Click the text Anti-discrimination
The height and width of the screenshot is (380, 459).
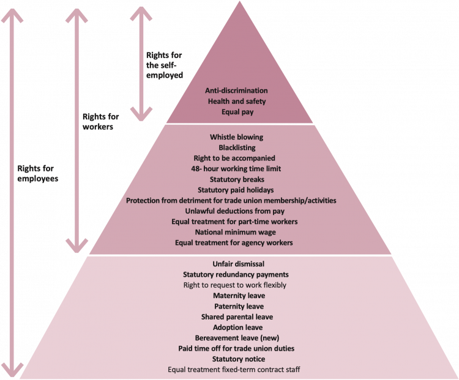coord(237,91)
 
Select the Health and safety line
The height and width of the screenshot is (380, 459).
coord(237,101)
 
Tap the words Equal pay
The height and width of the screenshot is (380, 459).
coord(237,112)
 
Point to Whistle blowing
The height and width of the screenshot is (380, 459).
coord(236,137)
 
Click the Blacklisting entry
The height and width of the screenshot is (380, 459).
coord(237,148)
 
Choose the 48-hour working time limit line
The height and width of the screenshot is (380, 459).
coord(236,169)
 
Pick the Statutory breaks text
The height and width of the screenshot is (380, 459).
coord(236,180)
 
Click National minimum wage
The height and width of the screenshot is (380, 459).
coord(236,232)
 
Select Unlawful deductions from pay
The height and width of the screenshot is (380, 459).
coord(236,211)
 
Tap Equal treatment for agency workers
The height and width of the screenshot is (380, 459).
coord(236,243)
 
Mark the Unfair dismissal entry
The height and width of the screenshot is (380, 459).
coord(236,265)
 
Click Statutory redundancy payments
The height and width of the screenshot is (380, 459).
coord(236,275)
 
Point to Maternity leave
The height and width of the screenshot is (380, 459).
coord(236,296)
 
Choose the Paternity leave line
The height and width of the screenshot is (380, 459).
coord(236,306)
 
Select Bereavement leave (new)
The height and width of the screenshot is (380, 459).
coord(236,338)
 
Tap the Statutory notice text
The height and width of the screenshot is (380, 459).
coord(236,359)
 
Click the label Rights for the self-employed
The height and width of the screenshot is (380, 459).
coord(165,65)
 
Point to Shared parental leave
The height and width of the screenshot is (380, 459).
coord(236,317)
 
